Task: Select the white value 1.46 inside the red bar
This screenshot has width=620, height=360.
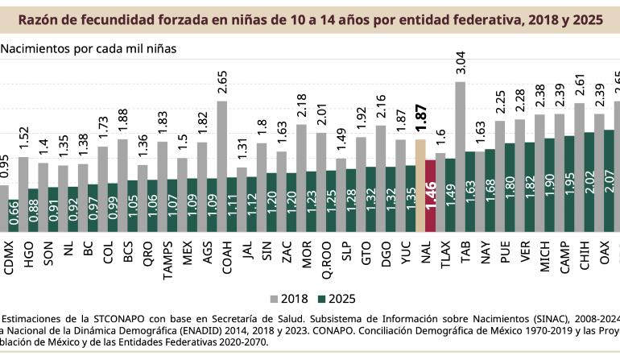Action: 430,197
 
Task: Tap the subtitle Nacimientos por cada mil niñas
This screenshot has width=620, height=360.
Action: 89,48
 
